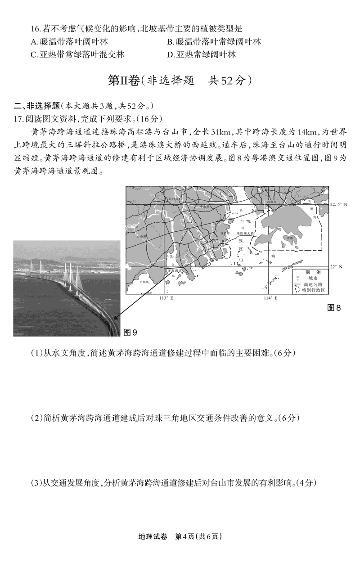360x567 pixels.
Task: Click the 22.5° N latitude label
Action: (x=339, y=204)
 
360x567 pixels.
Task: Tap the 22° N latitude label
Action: (x=337, y=267)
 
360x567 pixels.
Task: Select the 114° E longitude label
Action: (x=270, y=298)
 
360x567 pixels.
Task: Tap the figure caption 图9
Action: (x=130, y=333)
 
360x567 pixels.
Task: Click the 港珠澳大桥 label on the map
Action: (x=245, y=234)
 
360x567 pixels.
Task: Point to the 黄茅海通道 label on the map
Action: (x=174, y=271)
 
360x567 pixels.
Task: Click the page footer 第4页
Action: (x=186, y=536)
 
